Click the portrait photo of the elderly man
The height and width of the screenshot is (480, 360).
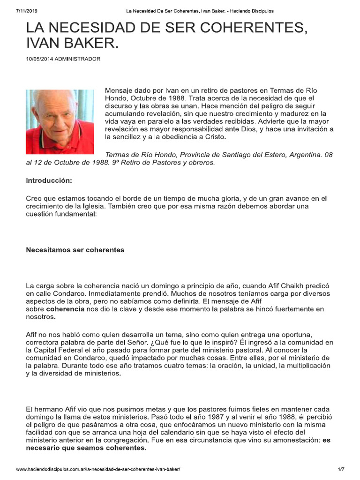click(60, 121)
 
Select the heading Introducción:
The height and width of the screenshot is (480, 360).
click(49, 180)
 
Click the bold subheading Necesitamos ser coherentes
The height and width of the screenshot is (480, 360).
click(75, 250)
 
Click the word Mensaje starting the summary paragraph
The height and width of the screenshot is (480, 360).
click(120, 90)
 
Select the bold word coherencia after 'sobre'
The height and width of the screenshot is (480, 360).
click(66, 309)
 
